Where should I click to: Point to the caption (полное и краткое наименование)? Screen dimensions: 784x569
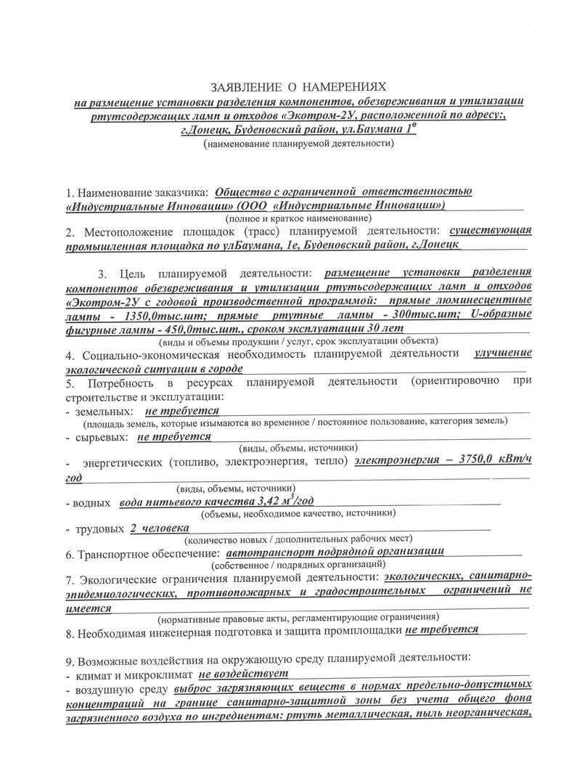[299, 218]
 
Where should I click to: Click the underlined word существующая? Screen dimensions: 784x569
[491, 232]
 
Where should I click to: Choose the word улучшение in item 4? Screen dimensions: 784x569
[502, 354]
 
